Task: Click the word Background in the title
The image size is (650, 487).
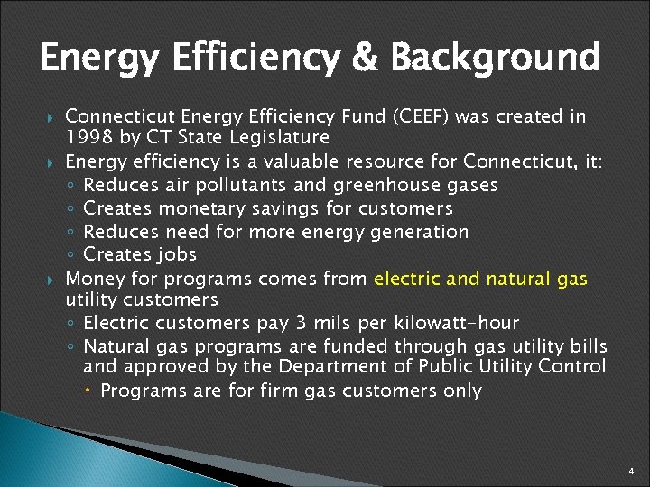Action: coord(495,58)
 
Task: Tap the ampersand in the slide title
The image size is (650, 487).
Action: coord(367,58)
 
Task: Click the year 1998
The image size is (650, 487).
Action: coord(88,138)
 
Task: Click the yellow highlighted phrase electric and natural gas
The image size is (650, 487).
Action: coord(479,279)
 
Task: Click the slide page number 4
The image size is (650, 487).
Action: coord(632,471)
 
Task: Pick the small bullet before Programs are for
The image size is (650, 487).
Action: coord(91,391)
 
